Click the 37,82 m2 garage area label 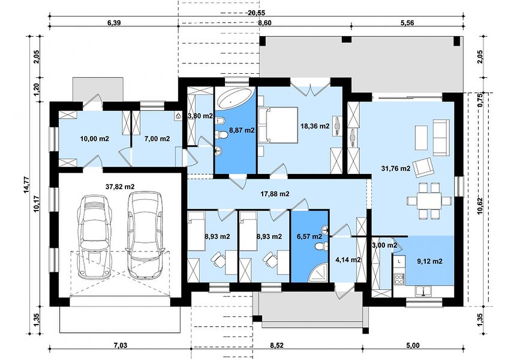[120, 187]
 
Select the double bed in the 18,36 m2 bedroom [277, 125]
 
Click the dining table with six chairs [429, 201]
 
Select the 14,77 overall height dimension [26, 185]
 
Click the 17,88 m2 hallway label [275, 194]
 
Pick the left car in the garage [95, 236]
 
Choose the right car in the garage [145, 234]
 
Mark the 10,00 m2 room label [95, 139]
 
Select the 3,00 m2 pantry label [384, 245]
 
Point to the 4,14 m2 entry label [348, 260]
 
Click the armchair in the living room [424, 167]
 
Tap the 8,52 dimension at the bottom [276, 346]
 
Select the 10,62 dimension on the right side [480, 205]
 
